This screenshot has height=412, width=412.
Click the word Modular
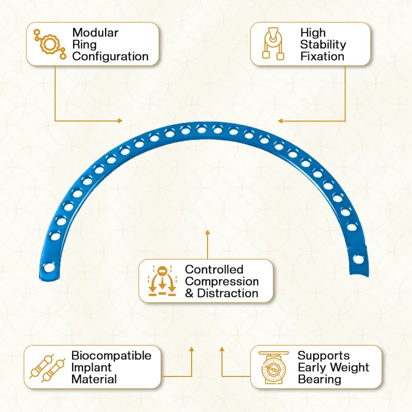coord(95,33)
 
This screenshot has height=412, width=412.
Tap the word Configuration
coord(110,57)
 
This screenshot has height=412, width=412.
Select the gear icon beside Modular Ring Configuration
coord(49,44)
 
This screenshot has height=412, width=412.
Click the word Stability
coord(323,45)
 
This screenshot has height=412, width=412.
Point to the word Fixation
coord(322,57)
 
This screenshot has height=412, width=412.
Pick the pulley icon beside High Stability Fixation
coord(273,44)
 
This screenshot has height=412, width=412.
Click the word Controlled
coord(214,269)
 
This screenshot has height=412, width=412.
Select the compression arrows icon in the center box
coord(162,281)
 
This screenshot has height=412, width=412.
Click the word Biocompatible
coord(111,355)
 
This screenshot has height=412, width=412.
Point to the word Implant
coord(92,367)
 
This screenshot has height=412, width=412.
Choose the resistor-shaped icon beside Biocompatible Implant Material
coord(47,368)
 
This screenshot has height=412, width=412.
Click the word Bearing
coord(319,379)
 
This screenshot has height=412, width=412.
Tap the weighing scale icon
coord(273,367)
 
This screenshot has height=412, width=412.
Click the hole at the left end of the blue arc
coord(49,268)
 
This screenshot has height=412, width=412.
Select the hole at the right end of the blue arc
coord(358,260)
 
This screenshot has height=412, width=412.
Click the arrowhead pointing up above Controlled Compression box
coord(208,233)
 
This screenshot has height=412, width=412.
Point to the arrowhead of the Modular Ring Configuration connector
coord(120,121)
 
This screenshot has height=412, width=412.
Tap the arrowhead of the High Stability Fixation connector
coord(280,121)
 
